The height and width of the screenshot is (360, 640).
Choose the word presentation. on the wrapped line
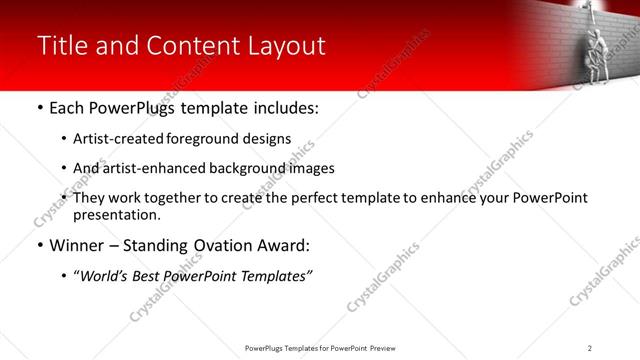117,214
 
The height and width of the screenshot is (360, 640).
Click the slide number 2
590,348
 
